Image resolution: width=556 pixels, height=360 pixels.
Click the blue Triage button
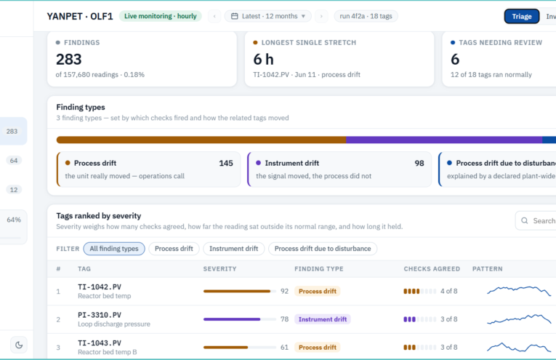[522, 16]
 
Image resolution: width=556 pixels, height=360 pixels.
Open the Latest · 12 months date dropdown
[268, 16]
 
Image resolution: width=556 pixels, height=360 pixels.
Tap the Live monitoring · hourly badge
[161, 16]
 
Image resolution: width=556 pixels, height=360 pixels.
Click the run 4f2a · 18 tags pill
[366, 16]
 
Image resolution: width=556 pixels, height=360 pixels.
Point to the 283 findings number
[69, 59]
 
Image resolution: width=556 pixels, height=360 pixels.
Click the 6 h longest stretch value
[263, 59]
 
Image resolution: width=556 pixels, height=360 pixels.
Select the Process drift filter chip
[174, 249]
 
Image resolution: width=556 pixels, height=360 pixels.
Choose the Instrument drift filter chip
[234, 249]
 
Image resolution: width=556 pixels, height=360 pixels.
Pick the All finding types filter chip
[114, 249]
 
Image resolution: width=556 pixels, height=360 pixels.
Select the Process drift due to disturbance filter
[323, 249]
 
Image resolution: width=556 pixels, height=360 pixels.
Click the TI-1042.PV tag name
[100, 287]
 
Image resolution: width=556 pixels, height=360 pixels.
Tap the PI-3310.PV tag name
[100, 315]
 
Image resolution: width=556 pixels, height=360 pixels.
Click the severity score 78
[284, 319]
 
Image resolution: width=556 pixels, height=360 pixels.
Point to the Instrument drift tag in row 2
[322, 319]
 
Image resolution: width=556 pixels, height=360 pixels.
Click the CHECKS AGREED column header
[432, 269]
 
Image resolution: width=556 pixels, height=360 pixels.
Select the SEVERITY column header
[219, 269]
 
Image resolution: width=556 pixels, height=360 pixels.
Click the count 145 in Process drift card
[226, 163]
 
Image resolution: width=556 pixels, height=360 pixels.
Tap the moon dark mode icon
[19, 345]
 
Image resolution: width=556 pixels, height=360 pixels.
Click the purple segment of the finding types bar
[444, 140]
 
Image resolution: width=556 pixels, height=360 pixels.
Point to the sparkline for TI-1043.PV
[519, 347]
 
